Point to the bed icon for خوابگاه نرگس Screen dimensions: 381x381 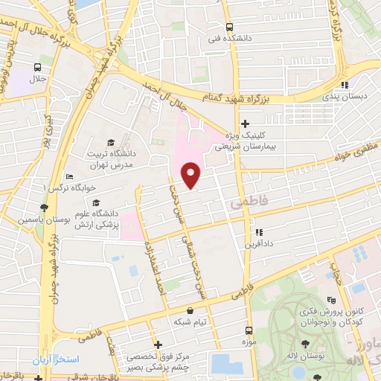[x=68, y=177]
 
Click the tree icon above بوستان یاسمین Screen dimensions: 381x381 [x=45, y=206]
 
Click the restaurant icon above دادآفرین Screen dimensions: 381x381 [x=258, y=231]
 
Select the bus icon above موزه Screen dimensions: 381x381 [x=249, y=328]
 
